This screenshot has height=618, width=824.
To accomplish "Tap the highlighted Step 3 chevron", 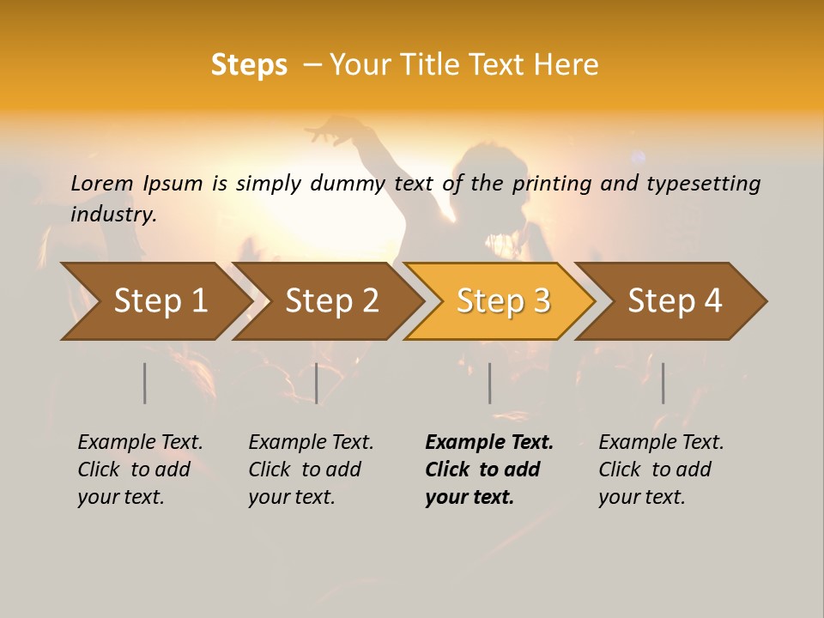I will [502, 301].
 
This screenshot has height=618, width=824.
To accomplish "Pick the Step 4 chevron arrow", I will [674, 301].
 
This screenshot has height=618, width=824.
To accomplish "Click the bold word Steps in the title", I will [249, 65].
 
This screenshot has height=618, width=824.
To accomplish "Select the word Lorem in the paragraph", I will [102, 183].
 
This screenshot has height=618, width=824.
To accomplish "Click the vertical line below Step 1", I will [144, 383].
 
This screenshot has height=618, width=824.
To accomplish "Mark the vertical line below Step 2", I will [316, 383].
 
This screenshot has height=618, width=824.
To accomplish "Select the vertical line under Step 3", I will [489, 383].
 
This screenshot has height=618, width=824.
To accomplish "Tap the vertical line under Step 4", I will [663, 383].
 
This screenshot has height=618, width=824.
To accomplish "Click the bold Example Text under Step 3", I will [489, 470].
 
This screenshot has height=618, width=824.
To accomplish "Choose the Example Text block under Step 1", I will [140, 470].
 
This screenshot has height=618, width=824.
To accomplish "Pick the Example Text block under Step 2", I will [311, 470].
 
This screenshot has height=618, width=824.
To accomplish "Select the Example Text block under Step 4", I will [661, 470].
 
